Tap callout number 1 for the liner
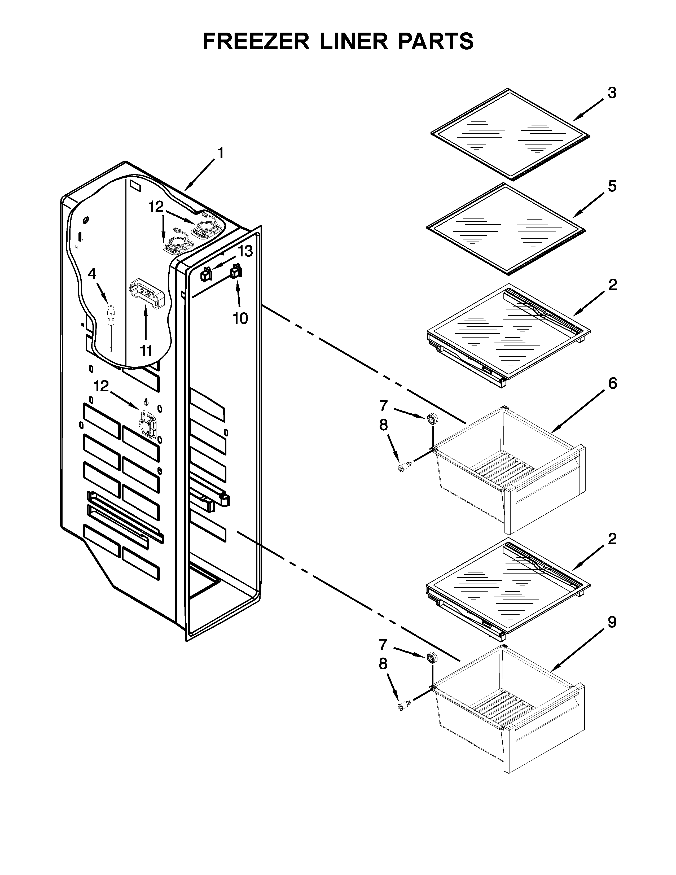pos(220,154)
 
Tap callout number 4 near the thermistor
pos(92,274)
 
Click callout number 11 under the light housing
pos(146,351)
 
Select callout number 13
pos(245,252)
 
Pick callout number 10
pos(240,318)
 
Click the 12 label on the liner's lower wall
pos(101,386)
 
